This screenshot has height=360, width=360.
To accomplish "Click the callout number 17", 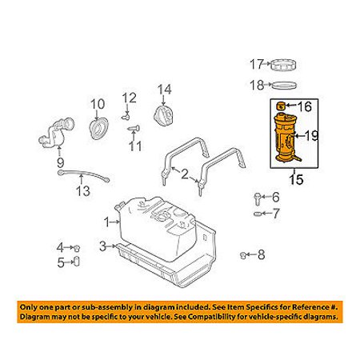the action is click(x=256, y=64).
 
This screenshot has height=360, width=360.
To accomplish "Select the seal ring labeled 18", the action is click(x=283, y=86).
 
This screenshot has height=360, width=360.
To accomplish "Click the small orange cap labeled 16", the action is click(x=280, y=106).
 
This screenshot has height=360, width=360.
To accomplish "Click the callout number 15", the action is click(x=296, y=179).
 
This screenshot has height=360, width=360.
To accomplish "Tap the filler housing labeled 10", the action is click(x=98, y=128).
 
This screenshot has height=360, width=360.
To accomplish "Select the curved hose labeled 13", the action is click(x=83, y=175).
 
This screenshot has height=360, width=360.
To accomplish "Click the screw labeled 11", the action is click(x=134, y=128).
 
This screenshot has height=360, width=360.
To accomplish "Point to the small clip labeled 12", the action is click(x=126, y=117).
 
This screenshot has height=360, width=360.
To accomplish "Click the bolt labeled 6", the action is click(x=258, y=199).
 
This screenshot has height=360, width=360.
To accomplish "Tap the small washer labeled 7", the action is click(x=258, y=214).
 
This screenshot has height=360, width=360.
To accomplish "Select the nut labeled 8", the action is click(x=242, y=255).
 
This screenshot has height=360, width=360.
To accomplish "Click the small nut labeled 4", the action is click(x=77, y=248).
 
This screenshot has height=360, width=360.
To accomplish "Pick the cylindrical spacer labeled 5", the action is click(x=77, y=262).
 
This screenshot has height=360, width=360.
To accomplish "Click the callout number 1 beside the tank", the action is click(x=107, y=222).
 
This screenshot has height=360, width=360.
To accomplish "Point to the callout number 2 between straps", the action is click(x=185, y=174).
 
